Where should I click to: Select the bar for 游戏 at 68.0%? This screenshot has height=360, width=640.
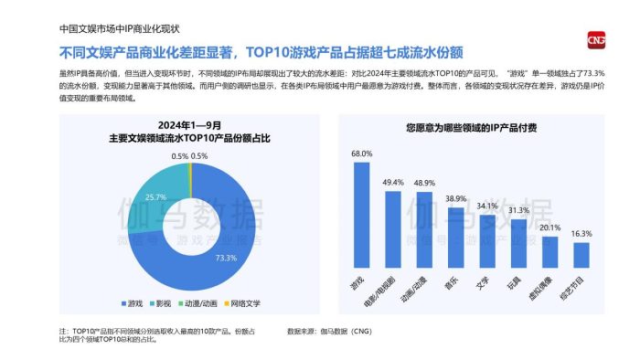(361, 214)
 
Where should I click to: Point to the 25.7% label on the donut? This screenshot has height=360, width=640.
(156, 197)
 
